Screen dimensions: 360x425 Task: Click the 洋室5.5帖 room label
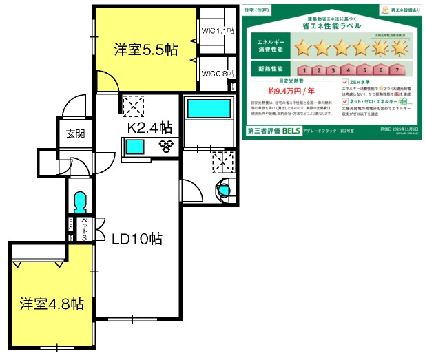pos(145,50)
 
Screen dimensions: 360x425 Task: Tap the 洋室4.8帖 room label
pos(52,304)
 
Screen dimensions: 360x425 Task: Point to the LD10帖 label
pos(137,239)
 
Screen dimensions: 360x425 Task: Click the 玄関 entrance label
pos(76,134)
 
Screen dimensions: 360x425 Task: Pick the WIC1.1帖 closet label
pos(218,31)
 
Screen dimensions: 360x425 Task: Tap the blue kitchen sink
pos(135,147)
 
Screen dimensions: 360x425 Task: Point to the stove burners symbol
pos(166,145)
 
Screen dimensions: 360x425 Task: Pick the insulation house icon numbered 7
pos(397,70)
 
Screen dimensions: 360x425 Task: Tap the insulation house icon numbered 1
pos(303,70)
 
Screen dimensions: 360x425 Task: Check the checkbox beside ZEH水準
pos(344,81)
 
